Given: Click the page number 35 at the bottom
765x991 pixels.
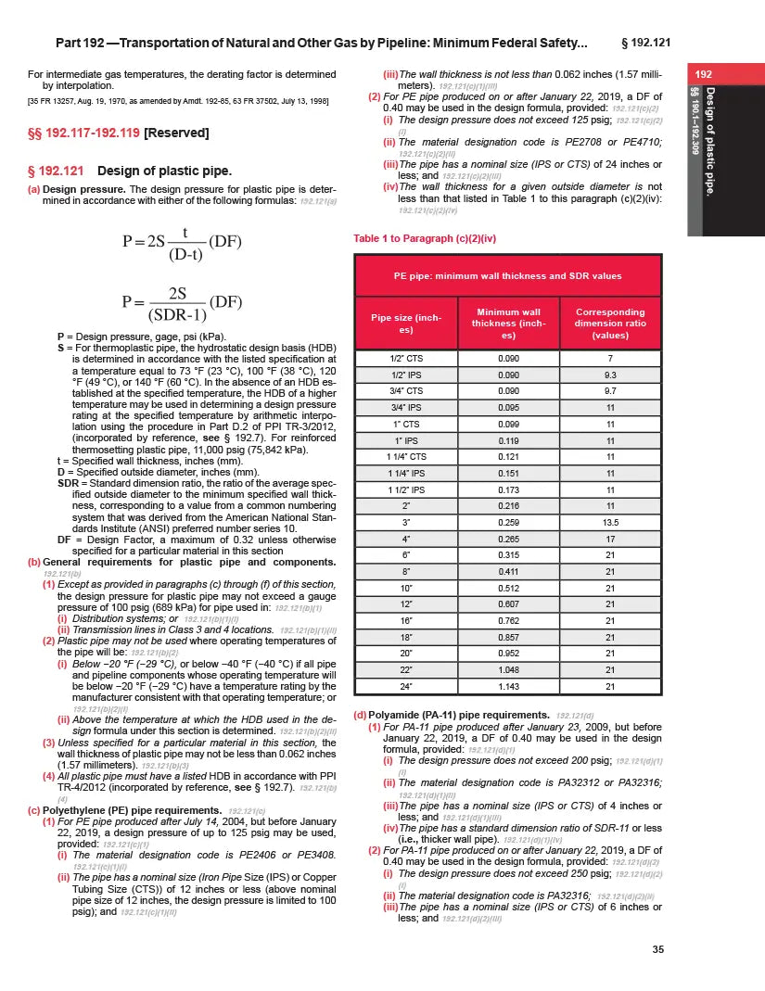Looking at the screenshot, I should tap(657, 947).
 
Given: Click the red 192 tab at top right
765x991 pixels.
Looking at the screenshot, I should tap(704, 73).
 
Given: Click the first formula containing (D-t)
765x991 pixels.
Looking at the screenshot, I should tap(182, 244).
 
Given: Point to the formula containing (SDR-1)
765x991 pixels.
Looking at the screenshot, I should tap(182, 303).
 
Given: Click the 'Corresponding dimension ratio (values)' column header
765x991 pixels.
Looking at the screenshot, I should tap(609, 324).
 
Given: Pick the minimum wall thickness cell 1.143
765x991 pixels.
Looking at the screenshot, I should tap(507, 687).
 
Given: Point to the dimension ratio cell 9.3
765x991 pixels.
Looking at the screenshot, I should tap(609, 375).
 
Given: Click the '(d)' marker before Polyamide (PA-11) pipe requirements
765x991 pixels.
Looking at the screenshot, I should tap(361, 715).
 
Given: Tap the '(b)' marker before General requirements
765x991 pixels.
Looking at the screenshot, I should tap(34, 563).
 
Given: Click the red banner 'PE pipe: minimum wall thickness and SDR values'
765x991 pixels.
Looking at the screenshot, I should tap(507, 275).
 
